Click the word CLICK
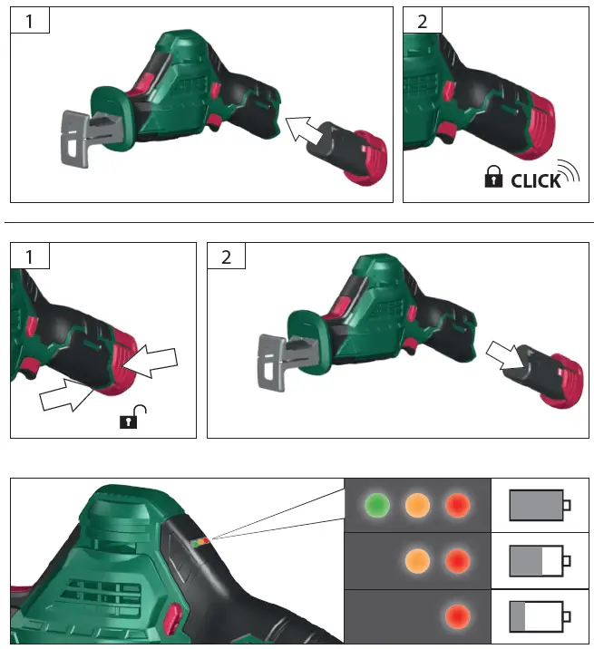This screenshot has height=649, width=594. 536,181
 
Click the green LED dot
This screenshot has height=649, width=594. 375,504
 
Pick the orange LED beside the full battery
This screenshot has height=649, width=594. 416,504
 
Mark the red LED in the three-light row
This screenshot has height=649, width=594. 457,504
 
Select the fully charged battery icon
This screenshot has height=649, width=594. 540,505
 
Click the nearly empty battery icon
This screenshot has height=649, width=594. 540,617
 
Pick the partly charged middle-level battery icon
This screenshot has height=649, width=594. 540,561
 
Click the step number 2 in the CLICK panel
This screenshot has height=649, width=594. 422,22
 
